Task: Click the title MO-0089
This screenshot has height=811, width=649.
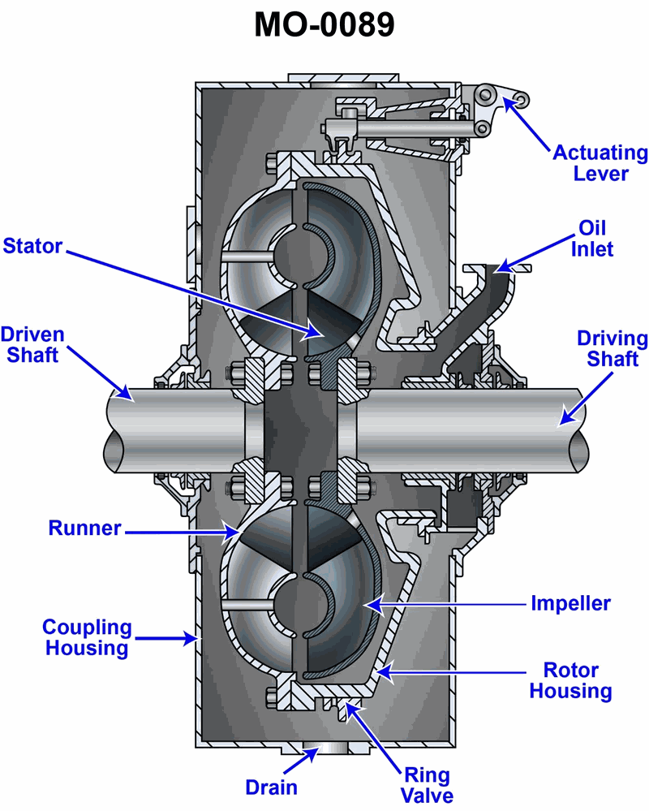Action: coord(324,25)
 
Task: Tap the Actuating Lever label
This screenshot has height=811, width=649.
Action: coord(600,163)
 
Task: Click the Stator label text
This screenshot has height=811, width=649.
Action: coord(32,244)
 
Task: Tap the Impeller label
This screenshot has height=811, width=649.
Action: coord(570,603)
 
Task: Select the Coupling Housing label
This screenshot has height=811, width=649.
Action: coord(87,637)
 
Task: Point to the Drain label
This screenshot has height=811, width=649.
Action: coord(272,787)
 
